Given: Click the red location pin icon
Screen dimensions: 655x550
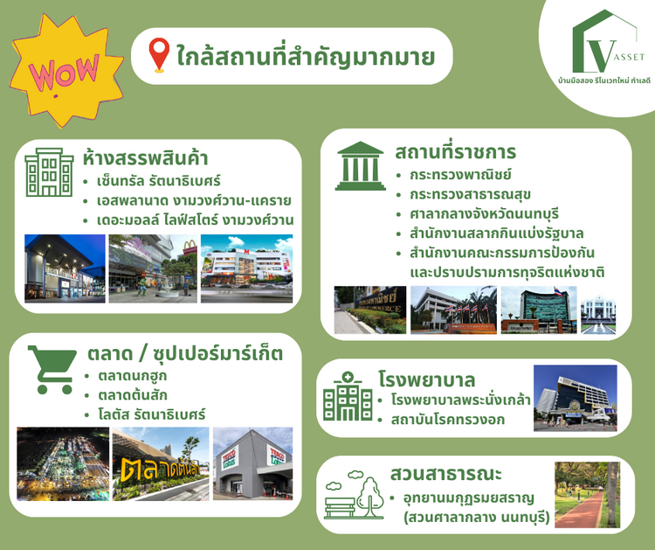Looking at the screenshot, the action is pos(159,54).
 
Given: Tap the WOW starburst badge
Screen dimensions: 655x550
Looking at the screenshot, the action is pos(66,70).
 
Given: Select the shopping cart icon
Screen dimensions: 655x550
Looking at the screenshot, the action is pos(52,369).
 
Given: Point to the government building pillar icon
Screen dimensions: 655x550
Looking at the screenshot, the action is pos(360,166).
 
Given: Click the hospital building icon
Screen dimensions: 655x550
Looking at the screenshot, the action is pos(348,396).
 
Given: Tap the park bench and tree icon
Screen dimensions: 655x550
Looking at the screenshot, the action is pos(355,495).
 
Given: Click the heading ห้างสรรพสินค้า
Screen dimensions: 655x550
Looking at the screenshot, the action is pos(145,158).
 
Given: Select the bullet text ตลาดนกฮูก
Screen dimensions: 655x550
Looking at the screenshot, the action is pos(133,376).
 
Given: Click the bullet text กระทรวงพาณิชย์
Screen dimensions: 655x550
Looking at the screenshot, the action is pos(460,175).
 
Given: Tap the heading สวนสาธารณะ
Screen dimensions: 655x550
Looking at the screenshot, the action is pos(445,474).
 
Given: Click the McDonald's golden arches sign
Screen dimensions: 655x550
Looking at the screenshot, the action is pos(190,247).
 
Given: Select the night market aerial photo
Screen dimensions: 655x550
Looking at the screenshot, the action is pos(63,463).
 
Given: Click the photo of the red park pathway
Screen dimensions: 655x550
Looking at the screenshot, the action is pos(588,495).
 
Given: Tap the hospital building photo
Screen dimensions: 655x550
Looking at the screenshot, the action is pos(576,398).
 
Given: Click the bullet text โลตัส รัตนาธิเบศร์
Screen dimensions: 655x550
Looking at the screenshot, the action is pos(152,415).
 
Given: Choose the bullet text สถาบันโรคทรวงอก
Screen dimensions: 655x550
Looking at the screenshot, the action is pos(448,420).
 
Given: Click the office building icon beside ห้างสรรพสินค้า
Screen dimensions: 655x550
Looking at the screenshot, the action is pos(49,172).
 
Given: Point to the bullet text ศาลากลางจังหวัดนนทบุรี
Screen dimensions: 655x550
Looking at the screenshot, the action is pos(484,213).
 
